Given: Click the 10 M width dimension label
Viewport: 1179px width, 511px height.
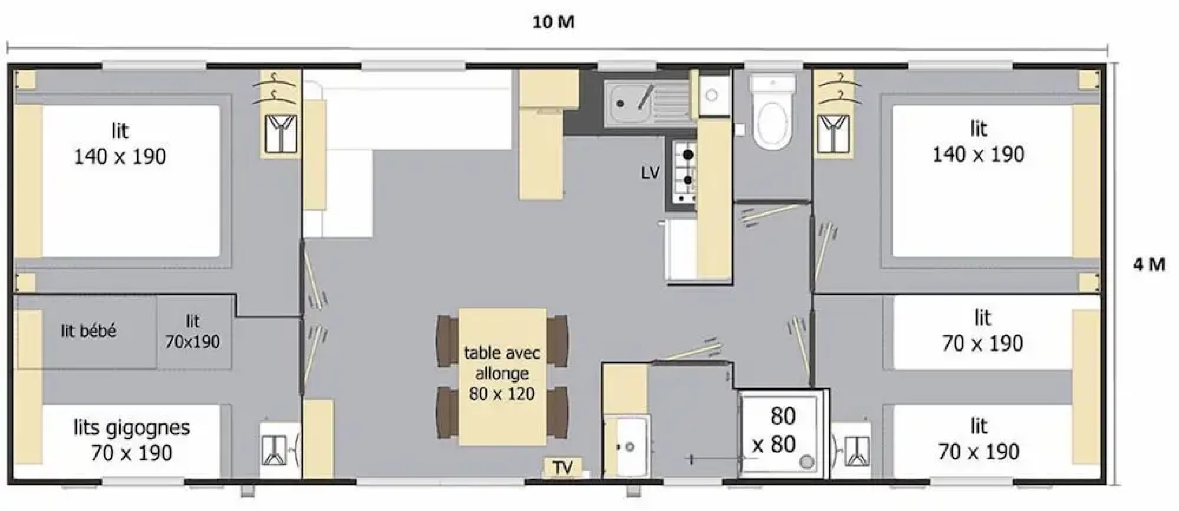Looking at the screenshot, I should tap(553, 22).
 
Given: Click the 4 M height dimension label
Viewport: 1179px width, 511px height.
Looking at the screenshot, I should tap(1149, 264).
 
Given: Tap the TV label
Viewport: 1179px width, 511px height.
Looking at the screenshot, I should tap(563, 467).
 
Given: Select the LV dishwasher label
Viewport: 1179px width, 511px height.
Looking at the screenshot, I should tap(650, 173).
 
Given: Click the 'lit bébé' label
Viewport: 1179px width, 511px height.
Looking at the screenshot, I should tap(88, 331).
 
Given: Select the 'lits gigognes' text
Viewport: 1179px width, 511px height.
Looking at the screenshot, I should tap(131, 428).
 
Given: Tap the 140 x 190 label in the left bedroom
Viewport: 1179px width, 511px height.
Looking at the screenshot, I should tap(120, 157).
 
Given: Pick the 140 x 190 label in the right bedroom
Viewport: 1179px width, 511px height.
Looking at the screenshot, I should tap(978, 155).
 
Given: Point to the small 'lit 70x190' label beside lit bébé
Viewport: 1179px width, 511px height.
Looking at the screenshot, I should tap(192, 332).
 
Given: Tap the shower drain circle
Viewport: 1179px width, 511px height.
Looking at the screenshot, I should tap(807, 460).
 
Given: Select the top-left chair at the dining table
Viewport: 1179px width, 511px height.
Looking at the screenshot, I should tap(447, 341).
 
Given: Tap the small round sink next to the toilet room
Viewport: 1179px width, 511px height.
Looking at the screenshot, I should tap(711, 95).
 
